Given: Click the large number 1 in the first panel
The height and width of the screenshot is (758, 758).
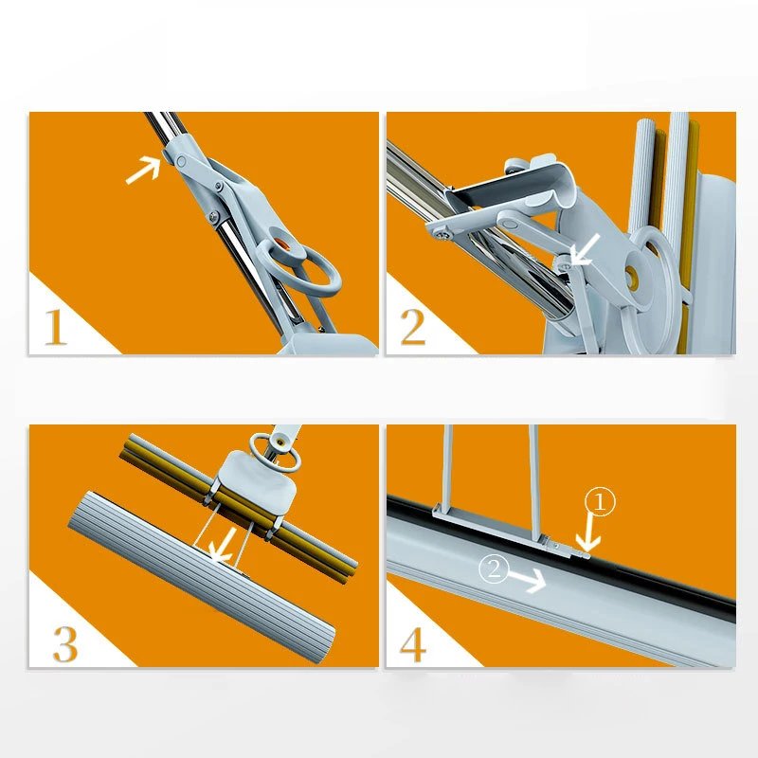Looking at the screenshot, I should point(56,328).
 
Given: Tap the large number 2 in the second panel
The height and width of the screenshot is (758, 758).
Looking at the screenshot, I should point(413,328).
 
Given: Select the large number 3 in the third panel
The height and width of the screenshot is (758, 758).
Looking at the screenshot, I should point(64,643).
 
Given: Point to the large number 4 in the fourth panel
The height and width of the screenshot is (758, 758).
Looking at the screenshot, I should point(413,643).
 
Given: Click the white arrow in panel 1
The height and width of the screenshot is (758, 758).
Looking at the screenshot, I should point(143,171).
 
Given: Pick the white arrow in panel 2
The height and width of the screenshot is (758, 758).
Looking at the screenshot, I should point(584,250).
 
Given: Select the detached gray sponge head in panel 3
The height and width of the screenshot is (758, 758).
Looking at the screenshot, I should point(199,568).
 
